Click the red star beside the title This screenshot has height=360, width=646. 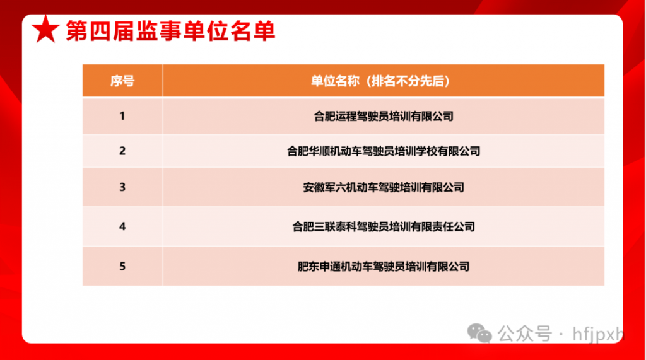(45, 29)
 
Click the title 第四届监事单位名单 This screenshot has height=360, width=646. (170, 32)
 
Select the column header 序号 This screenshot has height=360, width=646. (122, 81)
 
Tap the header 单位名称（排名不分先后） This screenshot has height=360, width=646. (380, 81)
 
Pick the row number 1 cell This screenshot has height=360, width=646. (122, 116)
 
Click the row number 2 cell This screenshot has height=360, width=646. (122, 151)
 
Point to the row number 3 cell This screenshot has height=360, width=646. (122, 187)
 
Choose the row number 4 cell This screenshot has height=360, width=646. (122, 226)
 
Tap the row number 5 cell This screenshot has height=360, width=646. (122, 267)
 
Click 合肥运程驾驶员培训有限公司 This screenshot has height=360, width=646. (384, 117)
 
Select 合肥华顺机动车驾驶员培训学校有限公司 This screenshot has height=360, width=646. (384, 151)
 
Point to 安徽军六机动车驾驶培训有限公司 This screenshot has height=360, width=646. (384, 188)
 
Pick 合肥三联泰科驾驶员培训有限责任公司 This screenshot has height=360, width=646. (384, 227)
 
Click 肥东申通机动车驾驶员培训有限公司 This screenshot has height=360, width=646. (384, 267)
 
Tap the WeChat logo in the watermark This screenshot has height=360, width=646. (479, 333)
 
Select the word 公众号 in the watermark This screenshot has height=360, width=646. (524, 334)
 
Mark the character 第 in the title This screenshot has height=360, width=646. (76, 32)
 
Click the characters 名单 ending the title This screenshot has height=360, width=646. (252, 32)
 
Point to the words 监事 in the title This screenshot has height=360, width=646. (159, 32)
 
